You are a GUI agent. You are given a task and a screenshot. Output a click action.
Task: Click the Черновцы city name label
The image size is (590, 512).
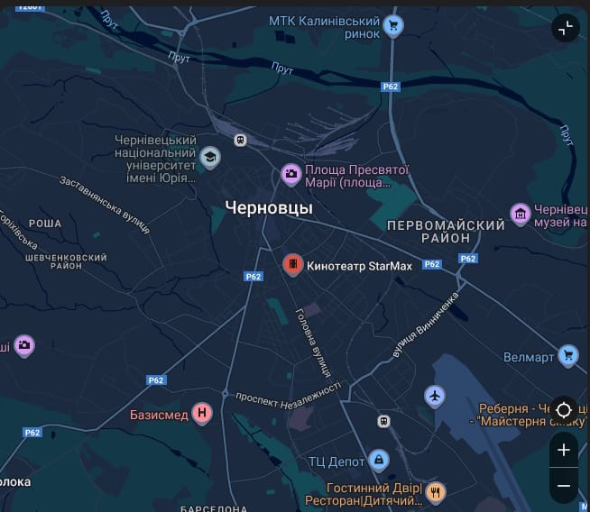269,207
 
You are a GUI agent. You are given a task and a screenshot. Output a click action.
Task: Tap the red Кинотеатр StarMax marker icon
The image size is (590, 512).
292,265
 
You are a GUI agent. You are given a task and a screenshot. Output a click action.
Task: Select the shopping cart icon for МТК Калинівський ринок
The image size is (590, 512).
393,25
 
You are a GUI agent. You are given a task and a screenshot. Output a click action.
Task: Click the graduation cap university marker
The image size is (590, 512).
210,158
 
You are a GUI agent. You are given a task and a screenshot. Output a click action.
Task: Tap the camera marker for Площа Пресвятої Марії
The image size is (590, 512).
290,173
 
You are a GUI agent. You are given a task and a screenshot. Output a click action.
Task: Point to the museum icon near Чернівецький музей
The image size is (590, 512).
521,214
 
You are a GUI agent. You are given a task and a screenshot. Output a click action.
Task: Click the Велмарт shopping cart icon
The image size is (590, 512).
567,356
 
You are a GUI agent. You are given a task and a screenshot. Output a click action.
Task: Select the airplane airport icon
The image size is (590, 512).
435,396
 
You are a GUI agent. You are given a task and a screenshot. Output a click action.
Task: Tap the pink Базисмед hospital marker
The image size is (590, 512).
203,414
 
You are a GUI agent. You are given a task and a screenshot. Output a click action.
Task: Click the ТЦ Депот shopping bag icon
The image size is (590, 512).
380,461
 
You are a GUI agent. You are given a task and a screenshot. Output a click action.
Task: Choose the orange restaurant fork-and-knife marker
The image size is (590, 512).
437,491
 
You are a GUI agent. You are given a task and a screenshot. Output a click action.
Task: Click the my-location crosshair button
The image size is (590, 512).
564,410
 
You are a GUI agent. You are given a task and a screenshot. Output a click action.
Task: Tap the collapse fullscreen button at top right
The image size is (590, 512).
565,28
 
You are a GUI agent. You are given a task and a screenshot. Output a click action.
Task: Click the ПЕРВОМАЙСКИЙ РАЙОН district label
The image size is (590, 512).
445,231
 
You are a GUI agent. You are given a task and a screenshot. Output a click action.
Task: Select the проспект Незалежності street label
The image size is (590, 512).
288,393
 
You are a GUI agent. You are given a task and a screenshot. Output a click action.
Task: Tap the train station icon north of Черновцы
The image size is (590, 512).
240,140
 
